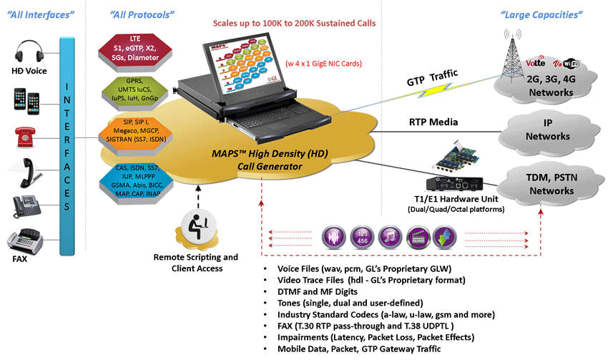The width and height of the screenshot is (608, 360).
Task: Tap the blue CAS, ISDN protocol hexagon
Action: [135, 175]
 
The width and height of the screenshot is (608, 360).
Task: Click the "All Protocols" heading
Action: [142, 14]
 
